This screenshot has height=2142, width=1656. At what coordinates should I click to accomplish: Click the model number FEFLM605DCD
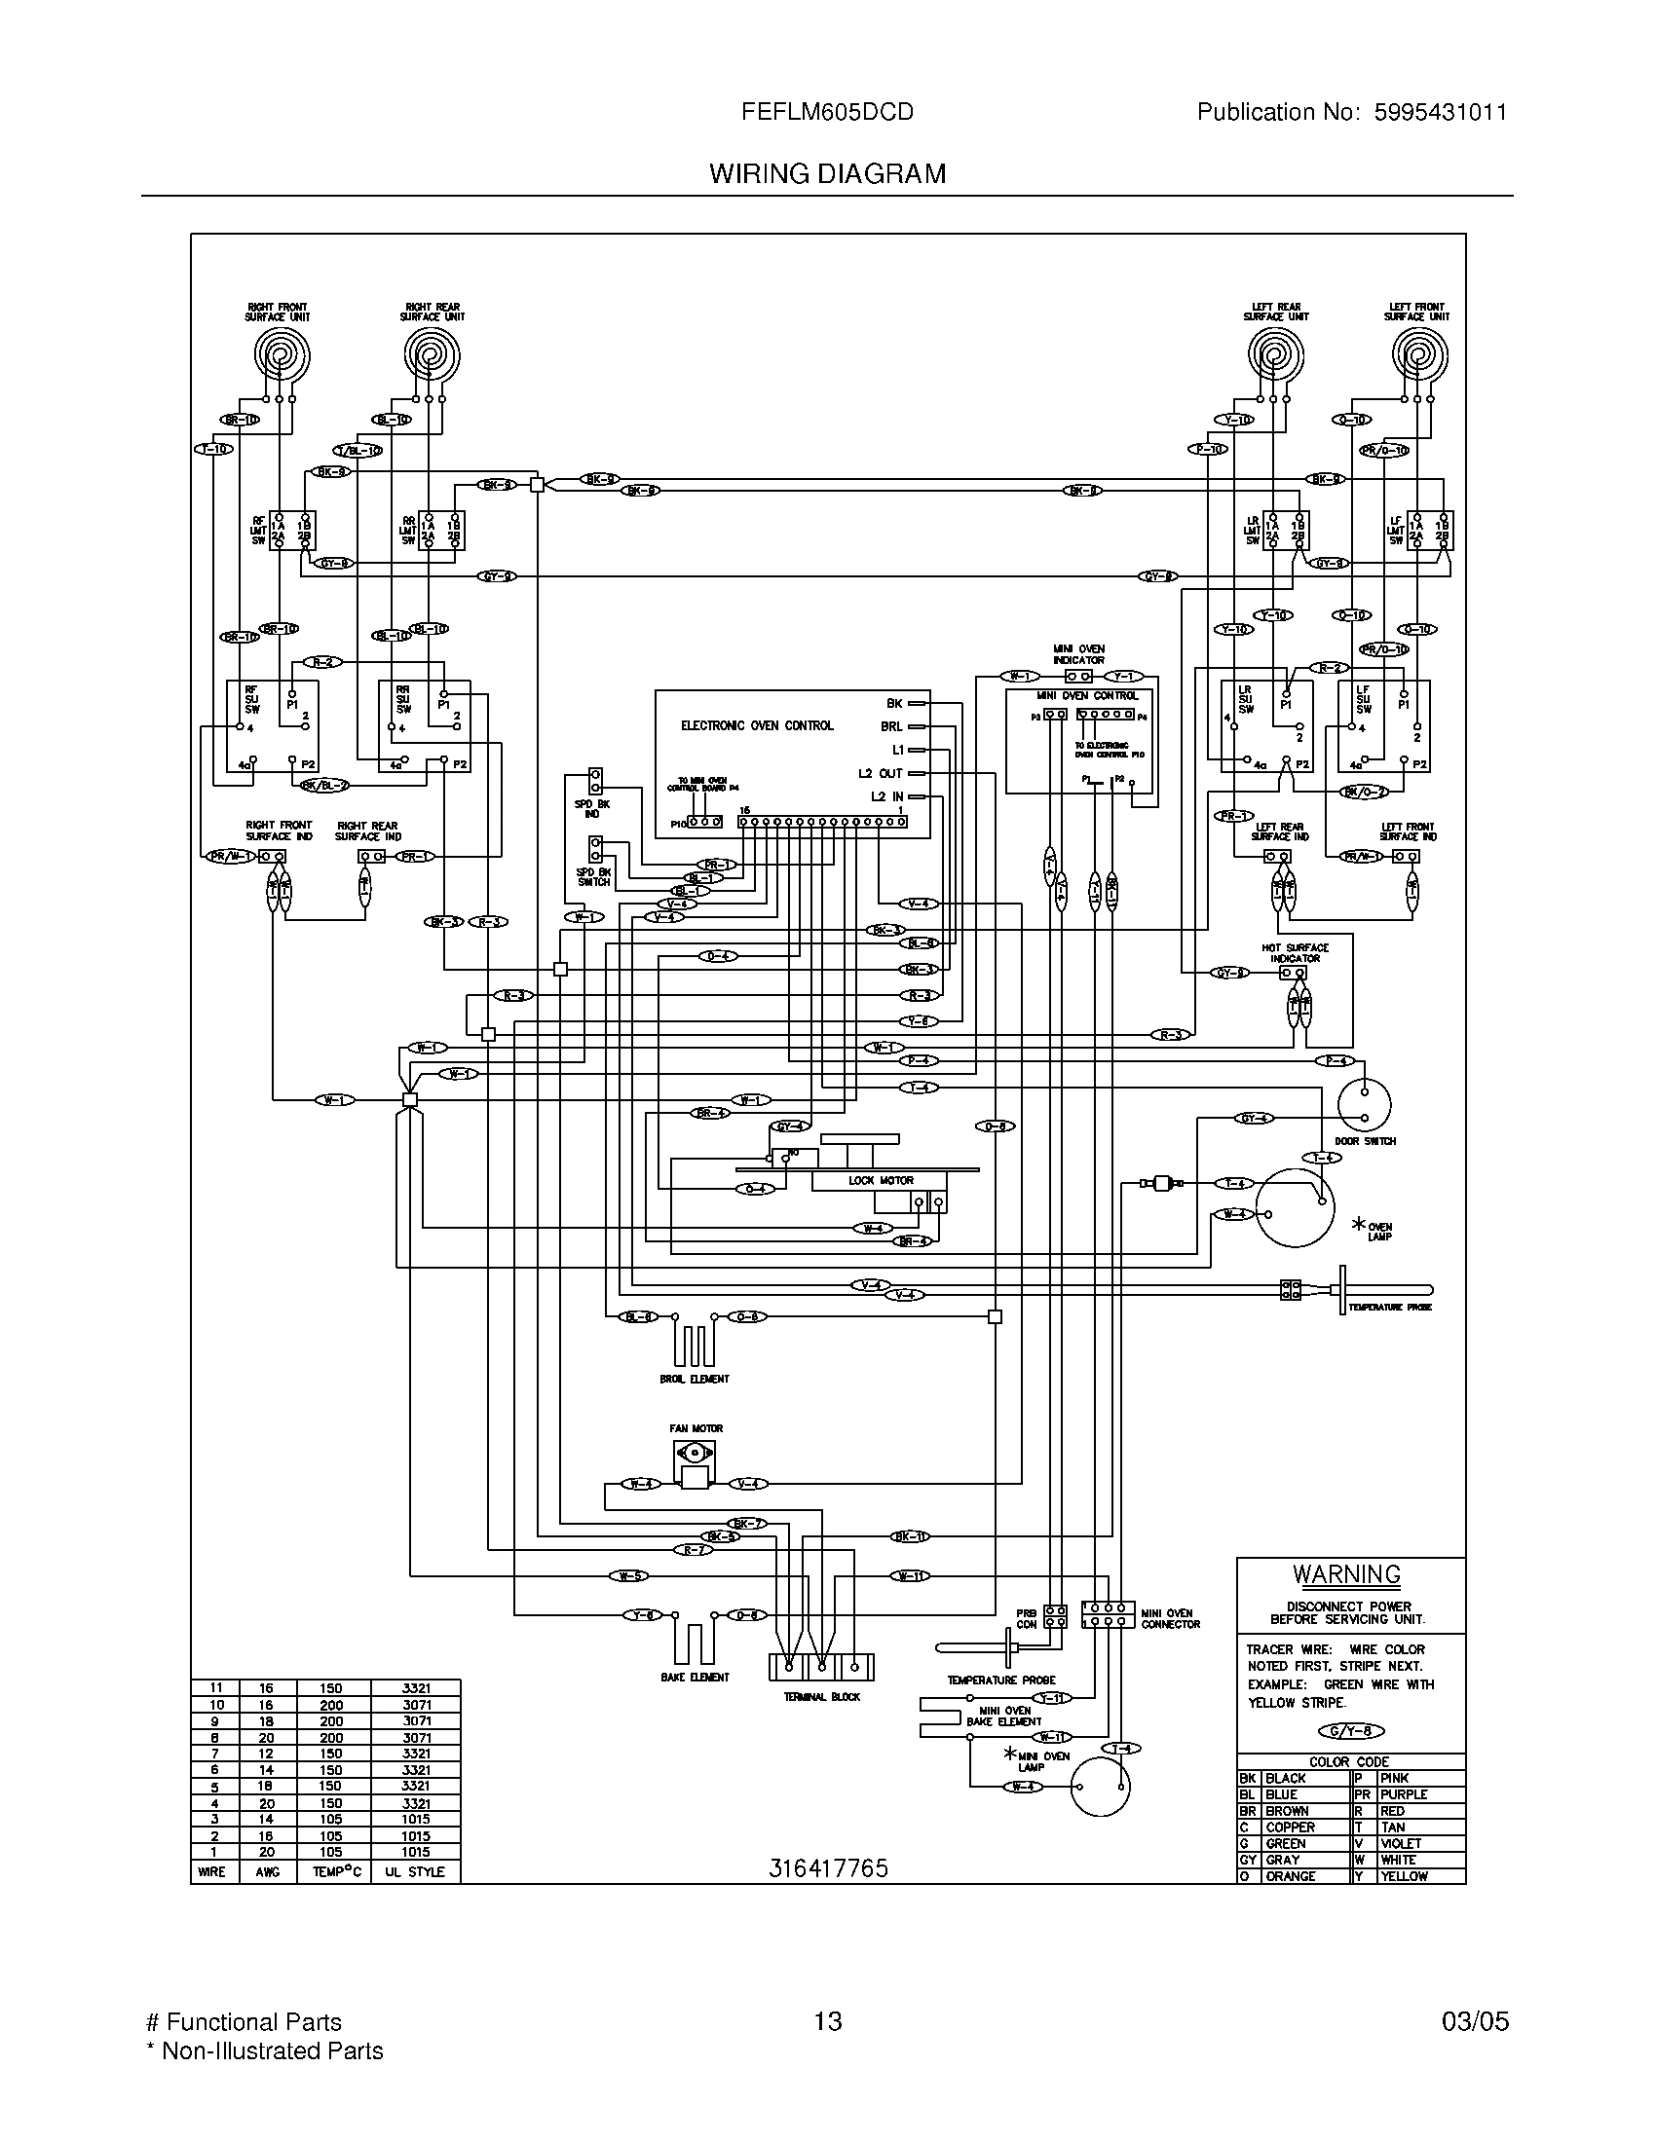(x=827, y=112)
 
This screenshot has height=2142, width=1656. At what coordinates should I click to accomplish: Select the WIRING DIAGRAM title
(x=827, y=173)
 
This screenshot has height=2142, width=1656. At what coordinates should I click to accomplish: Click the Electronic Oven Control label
(x=756, y=725)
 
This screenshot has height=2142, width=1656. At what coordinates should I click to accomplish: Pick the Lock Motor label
(x=880, y=1180)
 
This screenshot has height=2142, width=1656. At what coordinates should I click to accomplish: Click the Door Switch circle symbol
(x=1364, y=1106)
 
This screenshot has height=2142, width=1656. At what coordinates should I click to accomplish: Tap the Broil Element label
(x=694, y=1378)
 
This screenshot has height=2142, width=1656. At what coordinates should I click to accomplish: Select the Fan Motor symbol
(x=695, y=1467)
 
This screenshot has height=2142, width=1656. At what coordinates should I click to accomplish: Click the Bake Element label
(x=695, y=1677)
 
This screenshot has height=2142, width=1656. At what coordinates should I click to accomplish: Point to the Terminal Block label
(x=821, y=1696)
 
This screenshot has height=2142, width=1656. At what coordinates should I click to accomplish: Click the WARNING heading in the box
(x=1346, y=1575)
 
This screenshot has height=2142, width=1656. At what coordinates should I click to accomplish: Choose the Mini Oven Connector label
(x=1169, y=1618)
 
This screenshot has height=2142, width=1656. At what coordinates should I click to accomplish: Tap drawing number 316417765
(x=827, y=1867)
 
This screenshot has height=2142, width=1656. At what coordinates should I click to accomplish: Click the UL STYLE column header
(x=414, y=1871)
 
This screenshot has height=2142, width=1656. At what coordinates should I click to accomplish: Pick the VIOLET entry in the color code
(x=1400, y=1843)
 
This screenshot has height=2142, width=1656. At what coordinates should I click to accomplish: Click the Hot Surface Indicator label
(x=1294, y=952)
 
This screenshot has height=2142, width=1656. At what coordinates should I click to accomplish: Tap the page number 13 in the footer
(x=827, y=2020)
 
